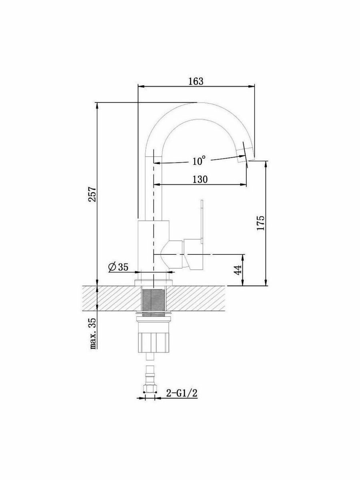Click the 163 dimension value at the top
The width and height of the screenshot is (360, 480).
click(x=196, y=81)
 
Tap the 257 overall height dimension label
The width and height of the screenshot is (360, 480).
click(x=92, y=194)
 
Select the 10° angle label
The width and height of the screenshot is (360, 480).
click(x=199, y=161)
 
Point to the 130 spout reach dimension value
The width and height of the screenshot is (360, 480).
click(x=200, y=179)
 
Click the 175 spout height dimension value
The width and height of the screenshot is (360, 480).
click(x=261, y=223)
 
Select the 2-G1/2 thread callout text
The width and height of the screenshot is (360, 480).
click(x=182, y=400)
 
